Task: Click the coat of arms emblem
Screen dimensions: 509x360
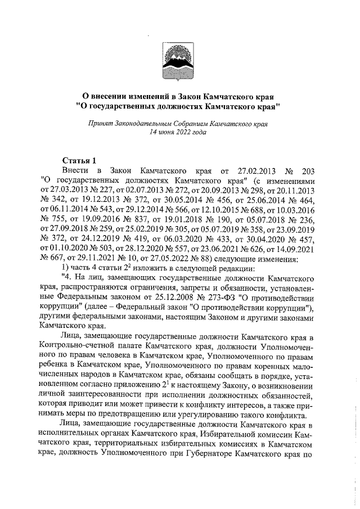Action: (x=179, y=60)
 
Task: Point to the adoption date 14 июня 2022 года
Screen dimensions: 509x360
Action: (x=179, y=133)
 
